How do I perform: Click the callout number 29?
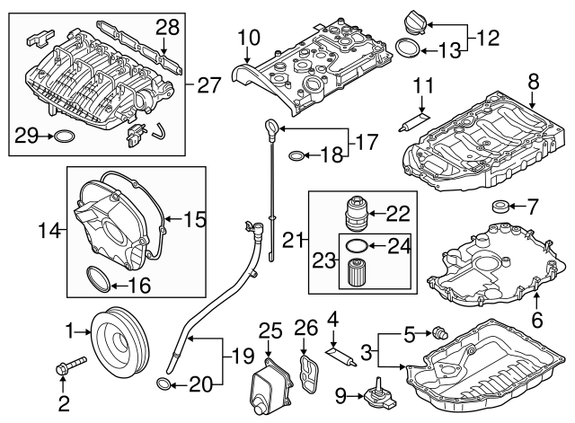pyautogui.click(x=27, y=136)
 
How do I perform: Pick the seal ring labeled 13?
pyautogui.click(x=406, y=48)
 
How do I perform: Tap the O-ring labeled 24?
pyautogui.click(x=355, y=244)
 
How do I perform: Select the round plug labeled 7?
pyautogui.click(x=500, y=208)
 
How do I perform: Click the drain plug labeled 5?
pyautogui.click(x=439, y=332)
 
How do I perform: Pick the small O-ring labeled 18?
pyautogui.click(x=296, y=157)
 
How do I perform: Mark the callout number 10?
pyautogui.click(x=248, y=38)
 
